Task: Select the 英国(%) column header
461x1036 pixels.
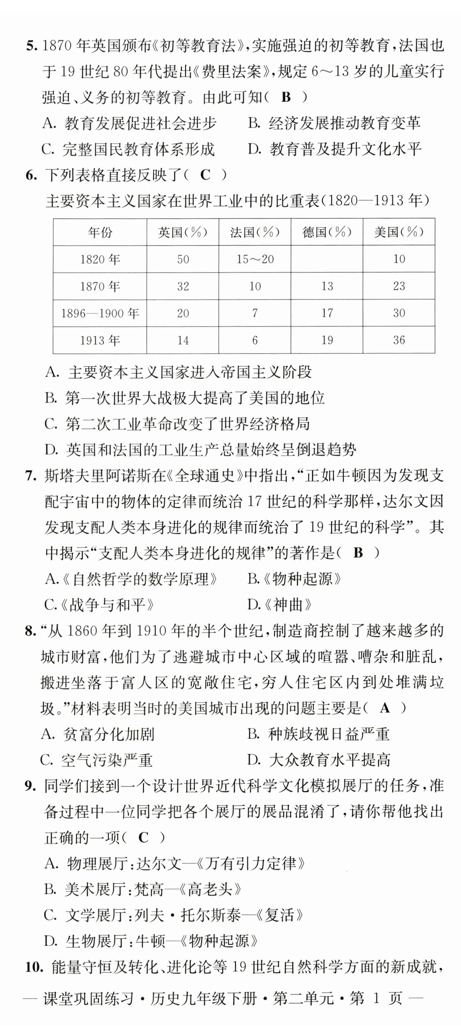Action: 182,232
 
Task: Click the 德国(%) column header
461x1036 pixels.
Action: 327,232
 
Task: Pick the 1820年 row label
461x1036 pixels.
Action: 100,259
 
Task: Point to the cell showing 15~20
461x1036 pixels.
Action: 255,259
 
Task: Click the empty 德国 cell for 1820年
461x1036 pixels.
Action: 327,259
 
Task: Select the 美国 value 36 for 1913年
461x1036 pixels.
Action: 399,340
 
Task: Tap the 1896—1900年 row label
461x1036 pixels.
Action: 100,313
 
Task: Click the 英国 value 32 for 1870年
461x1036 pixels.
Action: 182,286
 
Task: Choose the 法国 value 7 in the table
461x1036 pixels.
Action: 255,313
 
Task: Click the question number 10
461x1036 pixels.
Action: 34,966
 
